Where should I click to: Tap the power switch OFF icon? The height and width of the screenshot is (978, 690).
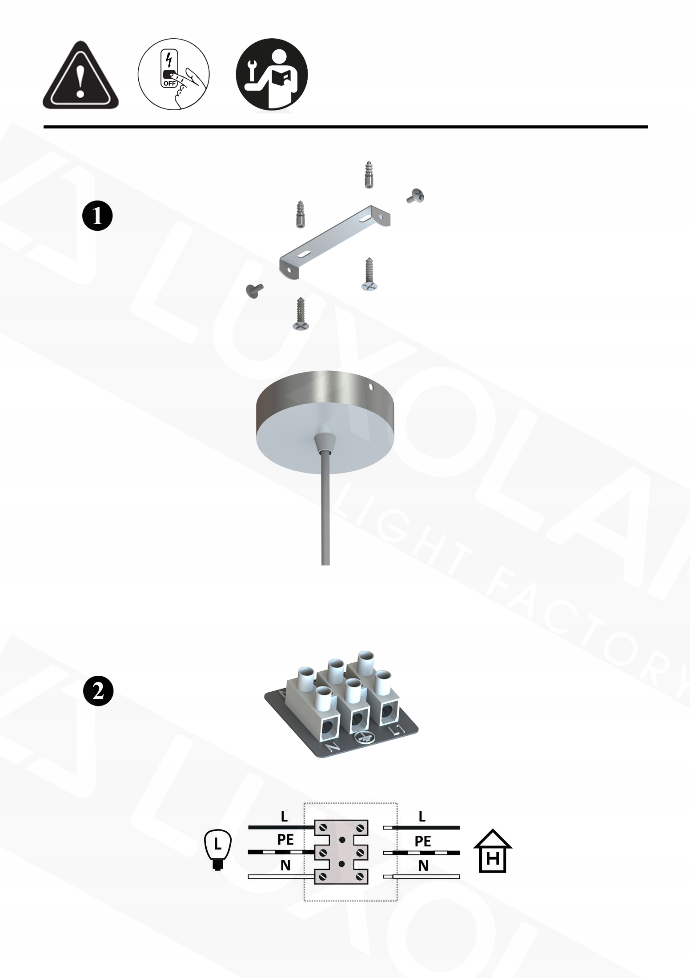(174, 74)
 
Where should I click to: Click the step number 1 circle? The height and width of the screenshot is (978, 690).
(98, 216)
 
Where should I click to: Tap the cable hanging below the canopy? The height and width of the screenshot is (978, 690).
(325, 507)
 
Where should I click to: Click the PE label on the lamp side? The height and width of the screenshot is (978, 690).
(285, 839)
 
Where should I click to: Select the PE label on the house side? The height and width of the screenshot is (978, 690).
(423, 841)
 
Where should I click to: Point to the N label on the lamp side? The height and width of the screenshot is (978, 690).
(285, 865)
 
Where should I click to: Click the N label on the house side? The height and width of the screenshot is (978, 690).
(423, 866)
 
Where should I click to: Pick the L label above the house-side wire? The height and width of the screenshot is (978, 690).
(422, 816)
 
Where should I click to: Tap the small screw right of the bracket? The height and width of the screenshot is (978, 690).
(416, 196)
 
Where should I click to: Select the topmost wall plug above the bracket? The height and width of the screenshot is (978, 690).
(369, 175)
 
